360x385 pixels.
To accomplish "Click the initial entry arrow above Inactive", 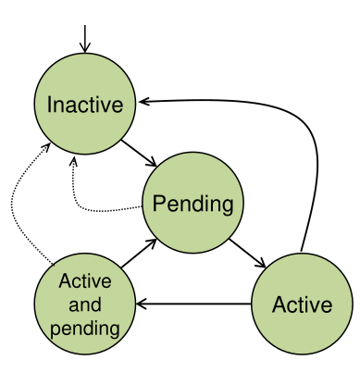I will pyautogui.click(x=85, y=37).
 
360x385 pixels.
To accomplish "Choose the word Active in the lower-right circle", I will pyautogui.click(x=301, y=303).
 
